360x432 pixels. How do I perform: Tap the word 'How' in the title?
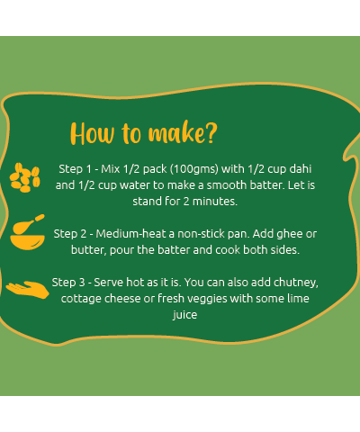tap(93, 133)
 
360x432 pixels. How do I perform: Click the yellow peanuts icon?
tap(25, 177)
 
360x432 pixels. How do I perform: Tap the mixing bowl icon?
tap(28, 232)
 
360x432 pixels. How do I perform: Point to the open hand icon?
tap(28, 290)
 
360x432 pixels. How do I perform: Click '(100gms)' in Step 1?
tap(194, 169)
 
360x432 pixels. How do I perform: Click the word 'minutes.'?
tap(215, 202)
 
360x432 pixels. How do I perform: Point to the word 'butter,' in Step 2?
tap(89, 250)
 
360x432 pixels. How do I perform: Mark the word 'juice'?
tap(184, 315)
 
